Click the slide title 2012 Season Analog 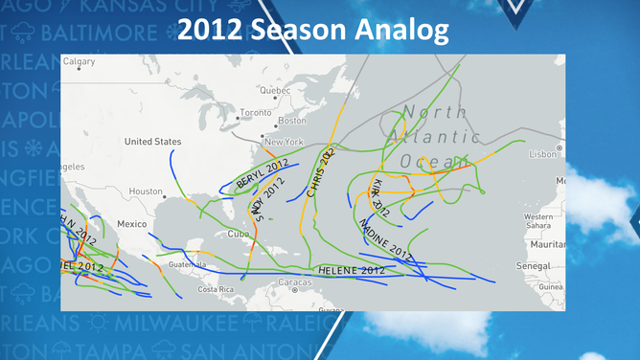pos(313,30)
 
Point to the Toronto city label pos(256,112)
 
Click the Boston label pos(291,122)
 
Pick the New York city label pos(284,142)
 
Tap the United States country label pos(152,142)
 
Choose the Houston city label pos(146,191)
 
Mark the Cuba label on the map pos(238,234)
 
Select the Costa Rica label pos(216,288)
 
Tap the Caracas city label pos(294,282)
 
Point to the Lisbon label pos(542,153)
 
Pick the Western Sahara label pos(538,221)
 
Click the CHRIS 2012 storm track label pos(321,173)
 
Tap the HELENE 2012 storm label pos(351,271)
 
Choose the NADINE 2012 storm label pos(385,239)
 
